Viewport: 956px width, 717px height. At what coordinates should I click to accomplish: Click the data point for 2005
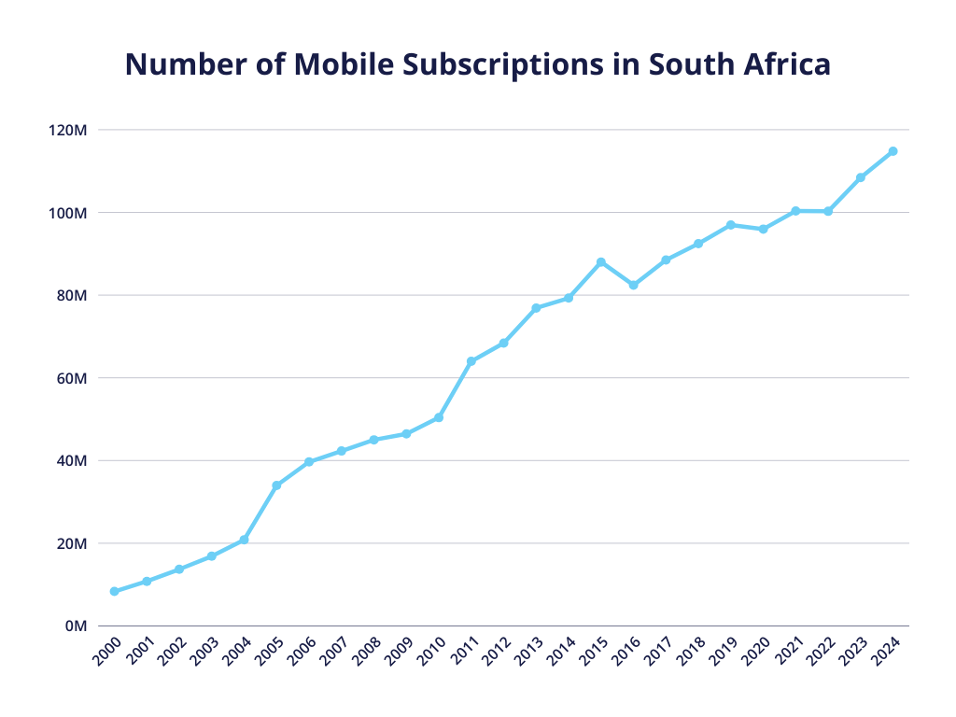point(276,485)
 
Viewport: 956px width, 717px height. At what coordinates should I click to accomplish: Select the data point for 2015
point(601,262)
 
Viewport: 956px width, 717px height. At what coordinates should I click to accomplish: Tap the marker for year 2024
point(893,151)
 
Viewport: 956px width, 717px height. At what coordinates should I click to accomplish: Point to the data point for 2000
point(114,592)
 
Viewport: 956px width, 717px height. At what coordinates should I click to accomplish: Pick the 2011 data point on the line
point(471,361)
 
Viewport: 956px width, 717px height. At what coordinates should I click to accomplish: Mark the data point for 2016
point(633,285)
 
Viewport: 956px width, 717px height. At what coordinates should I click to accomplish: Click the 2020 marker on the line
point(763,229)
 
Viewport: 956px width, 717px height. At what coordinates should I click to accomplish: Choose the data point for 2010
point(439,417)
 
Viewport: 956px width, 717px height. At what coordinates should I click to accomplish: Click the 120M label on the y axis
point(67,130)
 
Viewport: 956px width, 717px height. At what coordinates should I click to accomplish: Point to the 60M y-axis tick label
point(71,378)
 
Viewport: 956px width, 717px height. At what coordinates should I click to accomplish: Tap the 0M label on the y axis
point(75,626)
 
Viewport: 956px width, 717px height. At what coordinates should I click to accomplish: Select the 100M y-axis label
point(67,213)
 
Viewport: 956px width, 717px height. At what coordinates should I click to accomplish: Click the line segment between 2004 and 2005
point(260,513)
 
